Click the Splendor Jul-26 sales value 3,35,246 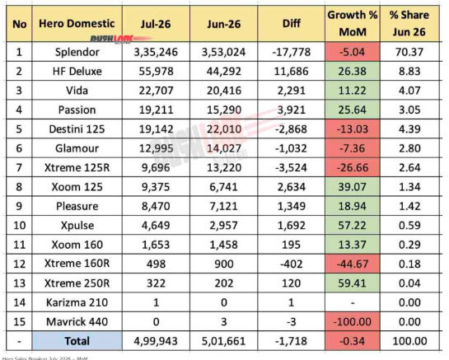(156, 52)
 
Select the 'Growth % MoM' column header (353, 23)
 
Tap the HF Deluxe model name (77, 72)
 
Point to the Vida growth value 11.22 (353, 91)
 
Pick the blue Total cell (77, 341)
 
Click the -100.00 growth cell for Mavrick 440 (353, 321)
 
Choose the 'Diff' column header (291, 24)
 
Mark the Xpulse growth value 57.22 (353, 226)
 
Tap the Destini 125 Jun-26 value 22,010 (224, 129)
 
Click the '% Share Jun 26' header (409, 23)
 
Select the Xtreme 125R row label (77, 167)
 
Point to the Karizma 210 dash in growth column (353, 302)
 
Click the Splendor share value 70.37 (409, 52)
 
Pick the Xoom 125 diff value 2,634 (291, 187)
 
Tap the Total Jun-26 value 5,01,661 (223, 341)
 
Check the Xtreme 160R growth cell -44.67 (353, 264)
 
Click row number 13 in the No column (19, 283)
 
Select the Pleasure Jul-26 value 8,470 (156, 206)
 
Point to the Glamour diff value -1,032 (291, 148)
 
